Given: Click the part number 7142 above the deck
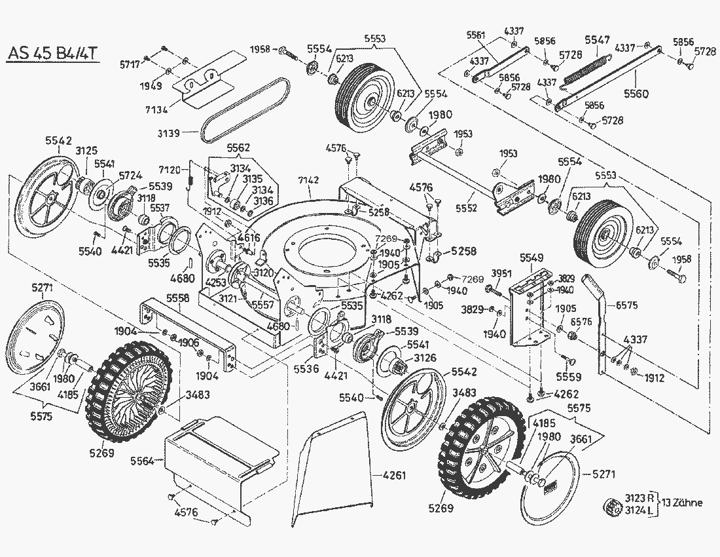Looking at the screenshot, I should coord(308,180).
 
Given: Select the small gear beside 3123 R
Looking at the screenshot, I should coord(613,506).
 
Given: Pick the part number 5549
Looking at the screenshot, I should coord(530,258).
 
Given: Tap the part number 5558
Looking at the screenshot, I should coord(177,298).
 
